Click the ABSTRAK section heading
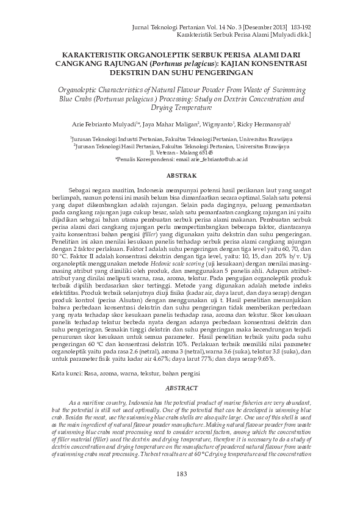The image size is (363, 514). point(181,176)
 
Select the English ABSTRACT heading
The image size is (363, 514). point(181,388)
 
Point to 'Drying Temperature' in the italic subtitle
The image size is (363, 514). point(181,107)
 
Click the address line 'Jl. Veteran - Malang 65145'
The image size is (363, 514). point(181,153)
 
